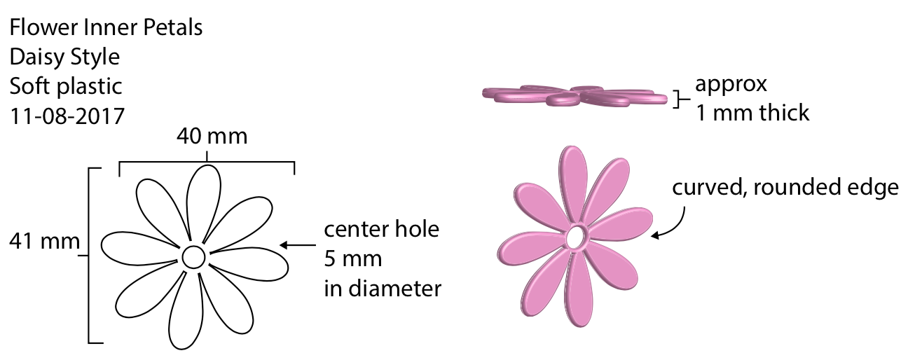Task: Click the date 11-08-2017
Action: click(x=67, y=116)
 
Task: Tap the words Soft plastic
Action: click(x=66, y=86)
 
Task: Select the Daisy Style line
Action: click(x=64, y=57)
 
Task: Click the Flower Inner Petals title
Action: click(x=106, y=28)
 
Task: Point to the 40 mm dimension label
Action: click(x=212, y=136)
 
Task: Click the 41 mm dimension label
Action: click(x=44, y=242)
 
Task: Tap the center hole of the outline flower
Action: click(x=193, y=257)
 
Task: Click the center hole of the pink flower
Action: click(x=577, y=237)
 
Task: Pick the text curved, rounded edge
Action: click(x=785, y=188)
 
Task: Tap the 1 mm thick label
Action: click(x=752, y=112)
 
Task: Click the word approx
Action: click(x=731, y=85)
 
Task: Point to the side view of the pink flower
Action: click(x=574, y=97)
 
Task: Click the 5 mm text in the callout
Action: click(x=353, y=259)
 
